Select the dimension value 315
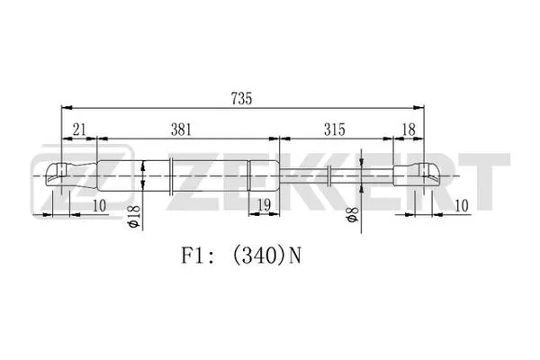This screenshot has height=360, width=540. (x=335, y=130)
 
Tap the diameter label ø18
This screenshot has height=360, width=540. (x=134, y=217)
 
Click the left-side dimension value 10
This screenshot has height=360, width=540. (x=99, y=205)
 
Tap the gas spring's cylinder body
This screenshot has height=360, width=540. (x=198, y=174)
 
